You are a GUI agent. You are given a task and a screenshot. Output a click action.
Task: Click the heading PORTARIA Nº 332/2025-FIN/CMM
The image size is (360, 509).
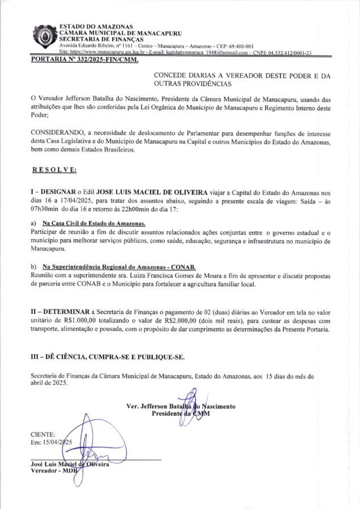coord(84,59)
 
